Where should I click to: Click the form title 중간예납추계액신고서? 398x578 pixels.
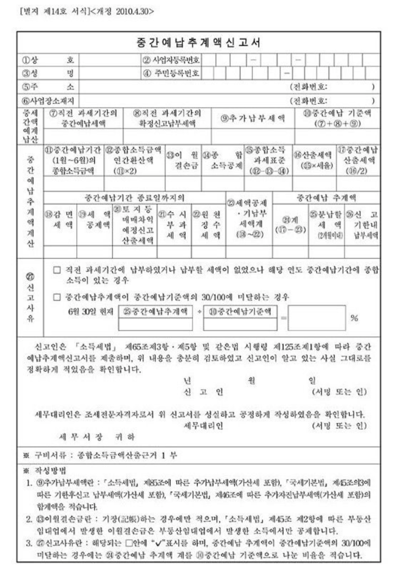[x=198, y=42]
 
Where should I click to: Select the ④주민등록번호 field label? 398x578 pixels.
[x=172, y=73]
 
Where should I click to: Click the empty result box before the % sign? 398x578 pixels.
[x=318, y=317]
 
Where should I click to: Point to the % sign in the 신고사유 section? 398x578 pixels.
[x=355, y=318]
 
